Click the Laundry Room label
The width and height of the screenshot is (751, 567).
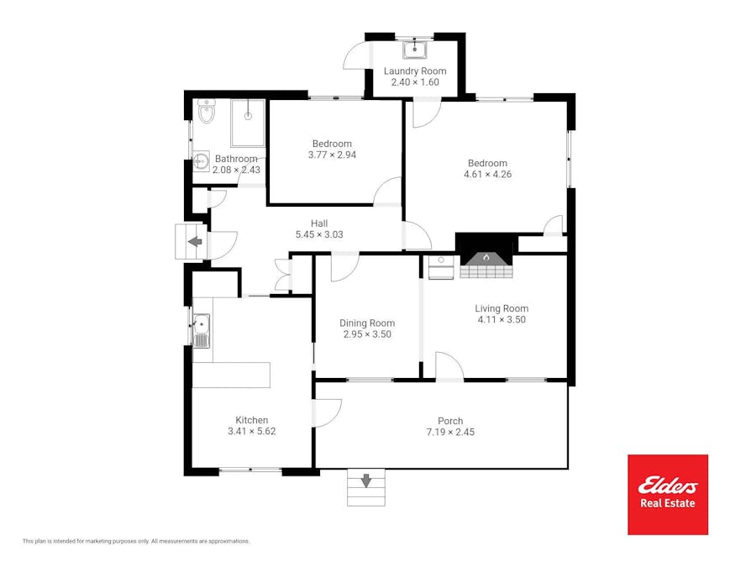pos(415,71)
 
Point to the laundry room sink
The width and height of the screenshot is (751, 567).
pos(415,49)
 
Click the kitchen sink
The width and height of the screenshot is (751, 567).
pos(202,331)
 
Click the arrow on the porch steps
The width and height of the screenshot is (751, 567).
pos(366,481)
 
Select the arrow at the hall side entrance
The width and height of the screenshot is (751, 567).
pos(195,242)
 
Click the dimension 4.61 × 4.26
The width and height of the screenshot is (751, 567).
pos(487,175)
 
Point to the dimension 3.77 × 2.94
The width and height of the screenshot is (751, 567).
pos(332,155)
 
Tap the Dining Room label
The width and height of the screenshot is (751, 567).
pos(367,323)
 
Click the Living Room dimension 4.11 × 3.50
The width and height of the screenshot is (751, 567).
pos(502,319)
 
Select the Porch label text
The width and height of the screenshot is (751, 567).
pos(450,421)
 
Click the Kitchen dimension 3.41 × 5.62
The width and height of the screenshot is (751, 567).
pos(251,432)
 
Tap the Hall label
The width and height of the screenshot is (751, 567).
pos(319,223)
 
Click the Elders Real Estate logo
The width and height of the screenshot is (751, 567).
pos(668,494)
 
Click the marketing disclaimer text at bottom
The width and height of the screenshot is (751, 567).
pos(136,541)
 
